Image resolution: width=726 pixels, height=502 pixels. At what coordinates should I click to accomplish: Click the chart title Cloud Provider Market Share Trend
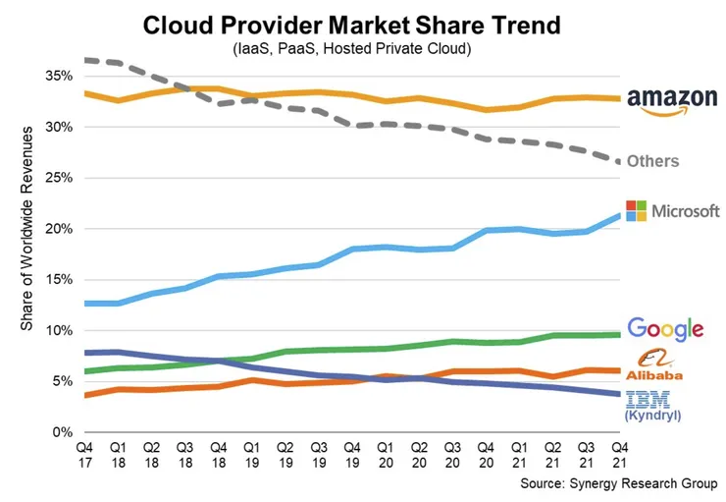pos(362,24)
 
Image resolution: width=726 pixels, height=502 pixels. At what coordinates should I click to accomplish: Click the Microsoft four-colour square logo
pos(637,210)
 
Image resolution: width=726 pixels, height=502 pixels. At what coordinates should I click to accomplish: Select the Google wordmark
pos(666,330)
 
